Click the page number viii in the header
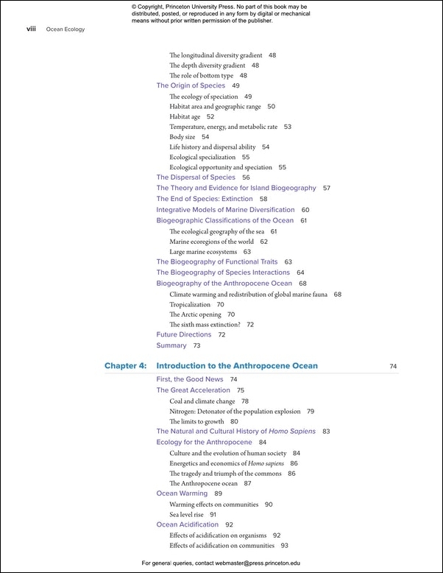point(31,29)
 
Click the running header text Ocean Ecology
point(65,29)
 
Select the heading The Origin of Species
point(191,86)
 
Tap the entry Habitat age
point(185,117)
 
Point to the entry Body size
point(182,137)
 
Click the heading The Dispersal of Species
point(196,177)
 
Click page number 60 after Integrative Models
point(305,210)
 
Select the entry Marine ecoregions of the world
point(211,242)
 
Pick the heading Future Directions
point(183,335)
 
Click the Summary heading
point(171,345)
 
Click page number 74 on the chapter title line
point(393,366)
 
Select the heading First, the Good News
point(190,379)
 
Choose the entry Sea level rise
point(186,515)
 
